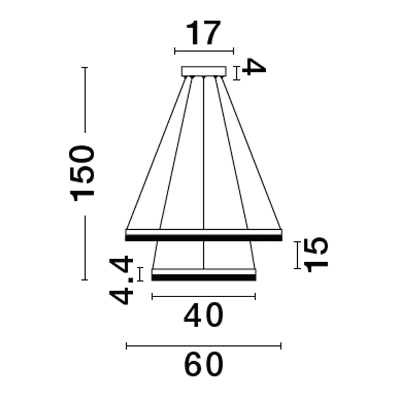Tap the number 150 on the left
[83, 174]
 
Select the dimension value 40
[203, 316]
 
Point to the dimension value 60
[203, 365]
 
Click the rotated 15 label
[317, 254]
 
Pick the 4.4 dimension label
[122, 281]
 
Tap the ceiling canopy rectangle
[203, 71]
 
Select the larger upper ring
[203, 235]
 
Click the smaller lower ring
[203, 275]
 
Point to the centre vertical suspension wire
[204, 159]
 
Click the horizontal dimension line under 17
[204, 51]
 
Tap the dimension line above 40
[203, 296]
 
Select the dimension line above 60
[203, 346]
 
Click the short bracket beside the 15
[297, 255]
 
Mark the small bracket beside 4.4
[140, 275]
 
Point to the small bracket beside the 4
[237, 73]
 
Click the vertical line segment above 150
[84, 99]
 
